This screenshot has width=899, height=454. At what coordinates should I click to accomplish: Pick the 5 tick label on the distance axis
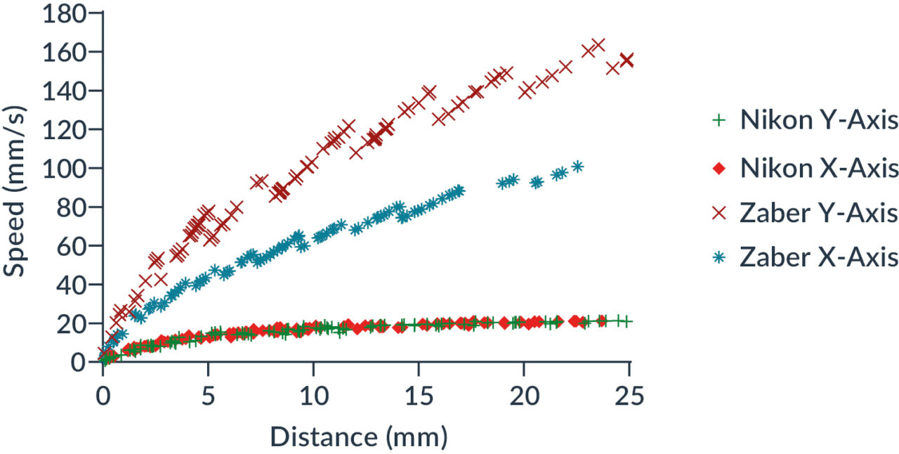tap(208, 398)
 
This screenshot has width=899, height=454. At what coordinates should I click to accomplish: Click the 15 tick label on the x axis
tap(419, 398)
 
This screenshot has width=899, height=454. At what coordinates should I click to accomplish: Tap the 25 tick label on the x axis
tap(629, 398)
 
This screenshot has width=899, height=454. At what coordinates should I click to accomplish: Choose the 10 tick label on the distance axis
tap(313, 398)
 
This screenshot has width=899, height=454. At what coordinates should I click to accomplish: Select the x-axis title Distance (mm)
tap(359, 436)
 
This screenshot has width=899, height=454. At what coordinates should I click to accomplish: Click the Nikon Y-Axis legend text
tap(819, 121)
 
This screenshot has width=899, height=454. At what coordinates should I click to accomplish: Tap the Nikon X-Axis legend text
tap(819, 169)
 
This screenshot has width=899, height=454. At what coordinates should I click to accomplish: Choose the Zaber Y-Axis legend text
tap(819, 213)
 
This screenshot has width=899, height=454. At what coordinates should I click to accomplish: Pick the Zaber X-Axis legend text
tap(819, 258)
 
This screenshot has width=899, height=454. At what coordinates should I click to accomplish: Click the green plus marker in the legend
tap(718, 121)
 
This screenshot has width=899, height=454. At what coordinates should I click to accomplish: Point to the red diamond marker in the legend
tap(718, 169)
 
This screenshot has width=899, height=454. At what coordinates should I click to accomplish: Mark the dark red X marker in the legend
tap(718, 213)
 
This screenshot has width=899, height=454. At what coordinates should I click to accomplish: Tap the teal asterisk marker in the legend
tap(718, 258)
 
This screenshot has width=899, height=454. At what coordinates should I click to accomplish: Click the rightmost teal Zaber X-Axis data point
tap(577, 167)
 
